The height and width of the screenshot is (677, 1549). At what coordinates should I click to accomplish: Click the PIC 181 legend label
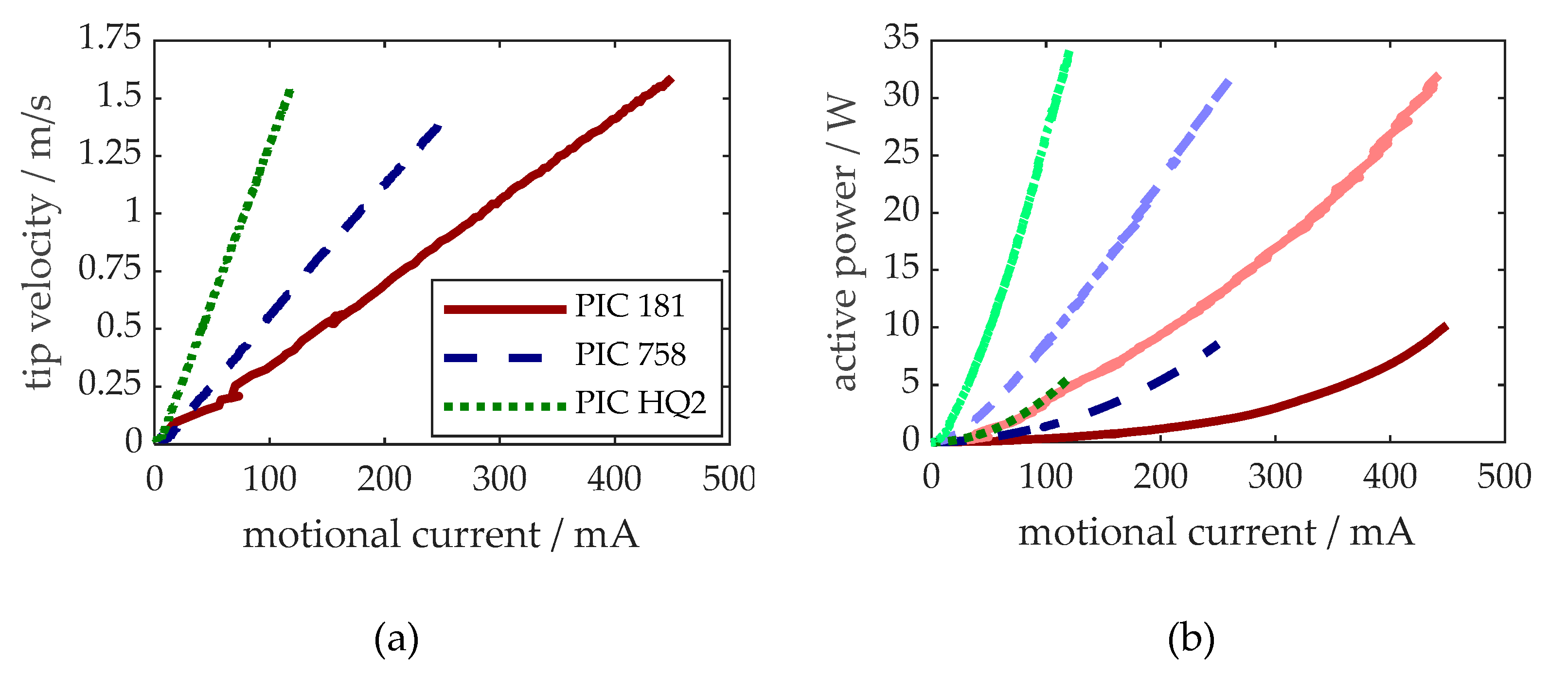coord(630,306)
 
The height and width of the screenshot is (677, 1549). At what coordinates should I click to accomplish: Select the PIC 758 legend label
coord(630,354)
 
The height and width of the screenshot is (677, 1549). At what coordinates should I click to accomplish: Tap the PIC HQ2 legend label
coord(640,403)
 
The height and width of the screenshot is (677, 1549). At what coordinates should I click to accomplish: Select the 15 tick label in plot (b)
coord(901,268)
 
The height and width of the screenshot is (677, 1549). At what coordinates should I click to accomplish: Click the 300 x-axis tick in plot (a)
coord(499,479)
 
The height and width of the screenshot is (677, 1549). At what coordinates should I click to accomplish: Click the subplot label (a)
coord(396,639)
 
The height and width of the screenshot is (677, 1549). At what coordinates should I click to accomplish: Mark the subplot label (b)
coord(1191,639)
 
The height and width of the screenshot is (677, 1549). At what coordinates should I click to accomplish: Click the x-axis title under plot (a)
coord(440,534)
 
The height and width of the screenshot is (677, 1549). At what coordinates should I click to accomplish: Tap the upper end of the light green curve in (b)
coord(1068,54)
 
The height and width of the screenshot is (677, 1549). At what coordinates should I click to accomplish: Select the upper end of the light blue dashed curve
coord(1229,82)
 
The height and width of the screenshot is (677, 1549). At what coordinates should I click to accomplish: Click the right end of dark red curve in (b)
coord(1445,326)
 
